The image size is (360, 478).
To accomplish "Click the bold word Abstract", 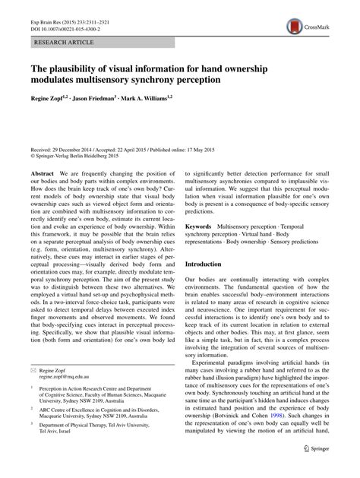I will coord(41,174).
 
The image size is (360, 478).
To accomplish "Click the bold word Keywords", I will coord(201,226).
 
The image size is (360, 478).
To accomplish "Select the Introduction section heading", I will coord(209,264).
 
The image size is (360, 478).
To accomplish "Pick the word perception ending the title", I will coord(189,79).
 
